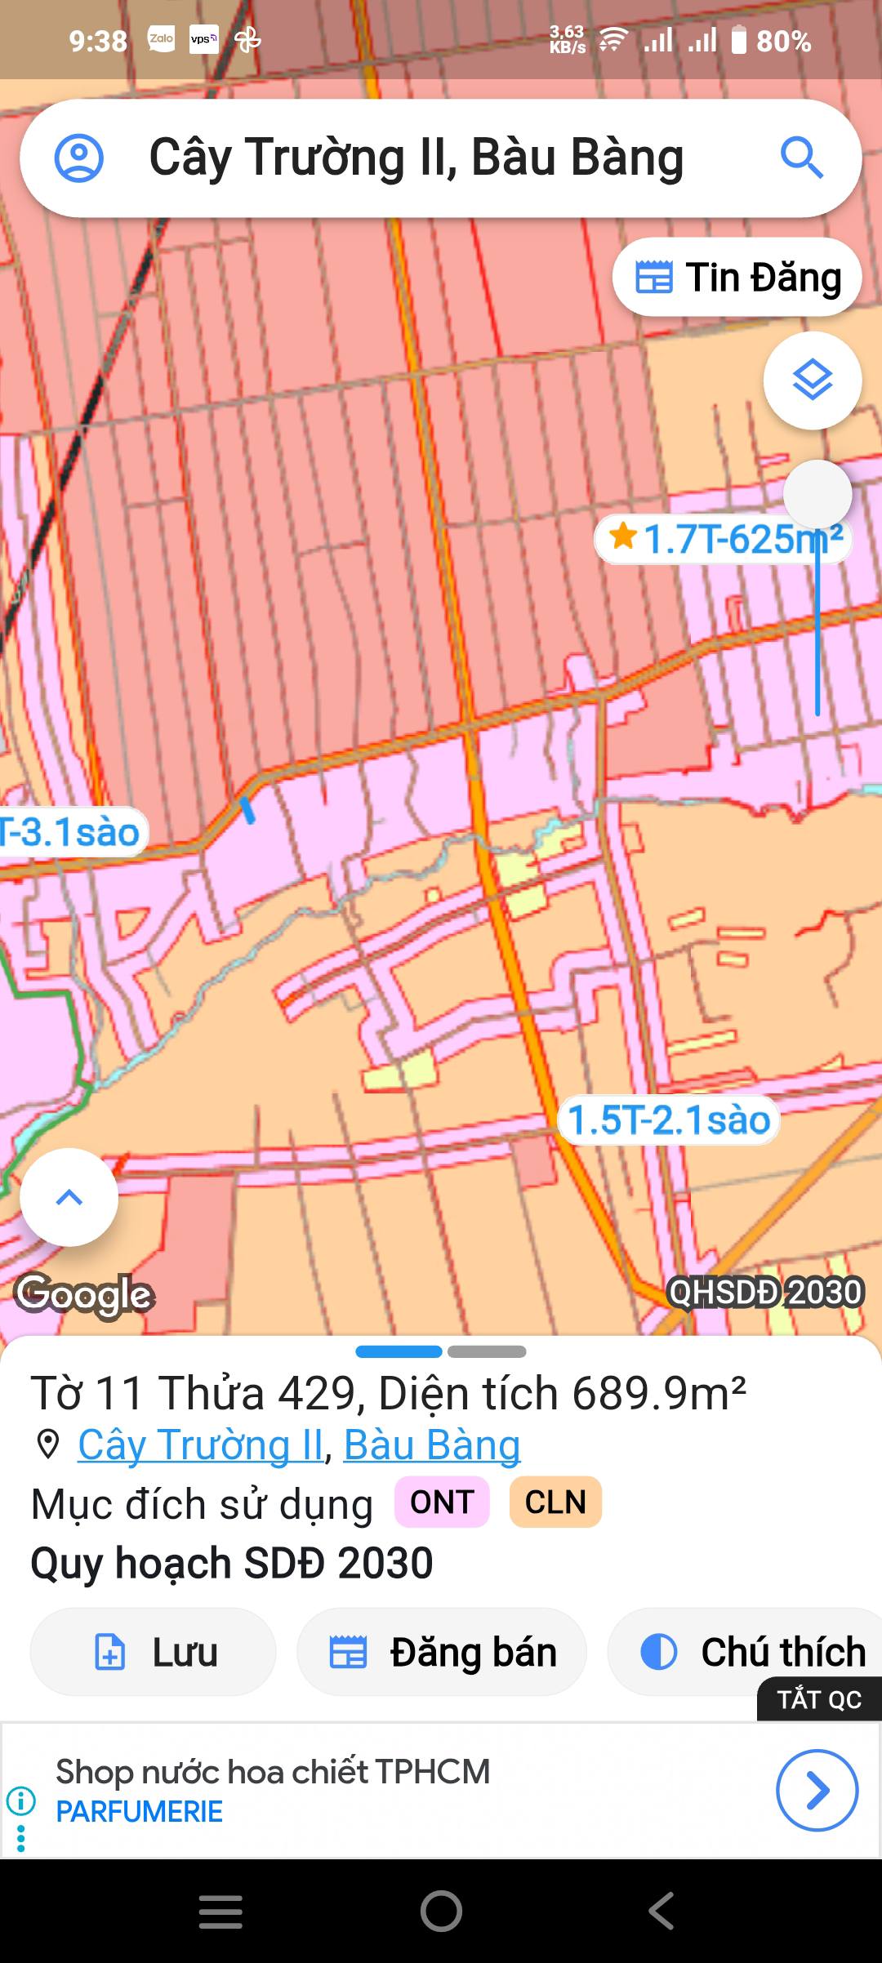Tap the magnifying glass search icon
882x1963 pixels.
[801, 158]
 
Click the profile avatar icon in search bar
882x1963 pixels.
[79, 158]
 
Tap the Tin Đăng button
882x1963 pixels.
[737, 278]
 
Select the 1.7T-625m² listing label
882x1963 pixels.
[723, 539]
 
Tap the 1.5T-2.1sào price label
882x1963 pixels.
[669, 1120]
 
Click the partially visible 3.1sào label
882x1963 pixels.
[72, 833]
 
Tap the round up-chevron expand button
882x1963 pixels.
[69, 1198]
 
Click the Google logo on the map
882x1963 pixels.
[85, 1294]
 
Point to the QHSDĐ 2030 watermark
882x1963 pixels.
[765, 1292]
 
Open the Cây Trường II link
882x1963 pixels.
[201, 1445]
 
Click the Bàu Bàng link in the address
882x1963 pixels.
[432, 1445]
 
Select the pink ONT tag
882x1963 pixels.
[442, 1502]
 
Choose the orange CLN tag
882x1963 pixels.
[555, 1502]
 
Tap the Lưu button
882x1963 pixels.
[154, 1652]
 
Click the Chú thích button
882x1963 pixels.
[751, 1652]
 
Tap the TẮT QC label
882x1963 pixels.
[819, 1699]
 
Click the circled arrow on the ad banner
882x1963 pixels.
[817, 1790]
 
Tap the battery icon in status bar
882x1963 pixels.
[739, 40]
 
